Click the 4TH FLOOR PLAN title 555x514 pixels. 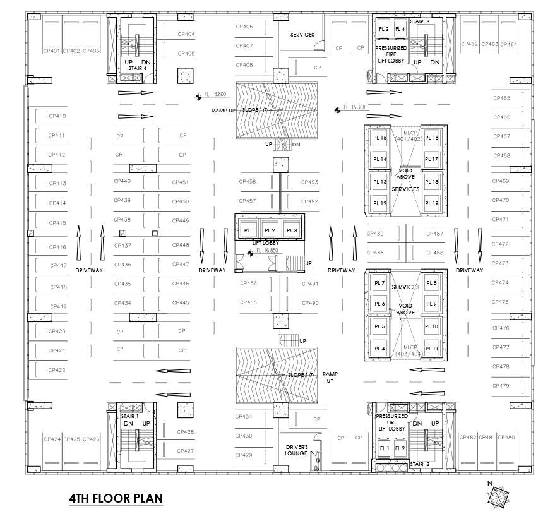116,498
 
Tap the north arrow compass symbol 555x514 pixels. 496,494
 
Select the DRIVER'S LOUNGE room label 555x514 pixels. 296,450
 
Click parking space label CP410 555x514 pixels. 57,116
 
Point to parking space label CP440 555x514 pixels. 122,181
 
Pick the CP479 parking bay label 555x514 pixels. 500,385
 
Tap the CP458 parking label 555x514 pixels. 248,182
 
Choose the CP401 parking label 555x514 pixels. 52,51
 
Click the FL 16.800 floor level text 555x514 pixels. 215,94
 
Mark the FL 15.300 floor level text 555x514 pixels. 354,107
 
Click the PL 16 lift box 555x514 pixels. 432,138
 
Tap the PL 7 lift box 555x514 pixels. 379,283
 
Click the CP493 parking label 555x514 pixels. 309,182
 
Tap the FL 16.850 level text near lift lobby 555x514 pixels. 268,251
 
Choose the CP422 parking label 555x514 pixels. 57,369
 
